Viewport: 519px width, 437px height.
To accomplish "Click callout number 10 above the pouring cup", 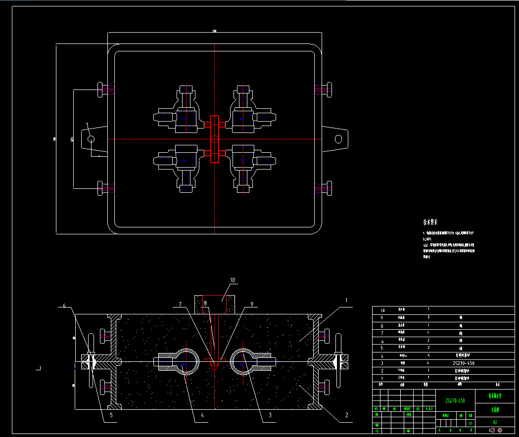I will pyautogui.click(x=232, y=280).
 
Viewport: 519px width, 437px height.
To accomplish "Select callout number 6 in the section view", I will pyautogui.click(x=64, y=306).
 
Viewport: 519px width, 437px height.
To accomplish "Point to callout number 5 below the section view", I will pyautogui.click(x=111, y=415).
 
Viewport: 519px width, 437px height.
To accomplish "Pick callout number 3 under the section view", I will pyautogui.click(x=270, y=415).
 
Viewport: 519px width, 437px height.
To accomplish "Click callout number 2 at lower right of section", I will pyautogui.click(x=346, y=415).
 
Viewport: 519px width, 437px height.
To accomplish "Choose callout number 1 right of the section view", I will pyautogui.click(x=346, y=300).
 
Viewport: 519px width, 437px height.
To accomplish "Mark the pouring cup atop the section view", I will pyautogui.click(x=215, y=304).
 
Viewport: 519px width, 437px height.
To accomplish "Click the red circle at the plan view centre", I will pyautogui.click(x=214, y=139).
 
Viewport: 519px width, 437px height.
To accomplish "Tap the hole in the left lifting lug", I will pyautogui.click(x=92, y=139).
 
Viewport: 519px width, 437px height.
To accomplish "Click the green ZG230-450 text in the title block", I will pyautogui.click(x=455, y=400).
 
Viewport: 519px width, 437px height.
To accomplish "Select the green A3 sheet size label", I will pyautogui.click(x=495, y=422).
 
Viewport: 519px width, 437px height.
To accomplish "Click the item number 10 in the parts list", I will pyautogui.click(x=381, y=310).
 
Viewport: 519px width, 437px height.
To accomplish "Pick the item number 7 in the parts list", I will pyautogui.click(x=381, y=333).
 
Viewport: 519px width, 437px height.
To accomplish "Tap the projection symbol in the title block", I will pyautogui.click(x=495, y=430).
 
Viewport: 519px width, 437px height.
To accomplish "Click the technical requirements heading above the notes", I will pyautogui.click(x=430, y=222).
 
